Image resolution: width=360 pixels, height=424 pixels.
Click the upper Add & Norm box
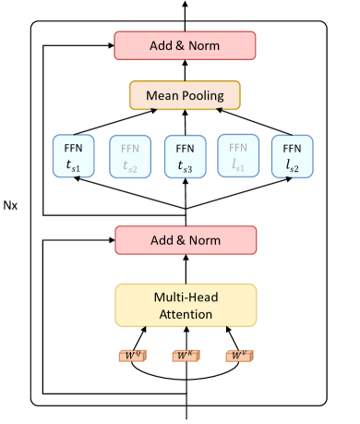(x=185, y=44)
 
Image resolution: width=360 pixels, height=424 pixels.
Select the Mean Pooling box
(x=185, y=95)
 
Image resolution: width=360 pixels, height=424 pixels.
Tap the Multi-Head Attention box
(x=185, y=305)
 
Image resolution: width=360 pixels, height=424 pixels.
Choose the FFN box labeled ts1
(x=75, y=156)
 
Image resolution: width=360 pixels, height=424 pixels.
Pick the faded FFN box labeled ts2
(x=130, y=156)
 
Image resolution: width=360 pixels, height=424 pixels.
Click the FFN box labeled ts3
(x=185, y=156)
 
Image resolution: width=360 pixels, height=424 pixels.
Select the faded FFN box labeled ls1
(x=239, y=156)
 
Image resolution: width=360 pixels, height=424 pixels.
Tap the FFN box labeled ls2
(x=293, y=156)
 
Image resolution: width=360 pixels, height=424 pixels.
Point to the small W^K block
(x=185, y=354)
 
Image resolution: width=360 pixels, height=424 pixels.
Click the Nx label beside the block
(x=11, y=201)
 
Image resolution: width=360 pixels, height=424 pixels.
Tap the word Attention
(x=185, y=314)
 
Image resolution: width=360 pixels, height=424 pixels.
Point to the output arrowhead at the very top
(x=185, y=5)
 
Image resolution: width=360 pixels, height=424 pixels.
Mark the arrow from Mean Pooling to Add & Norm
(x=185, y=69)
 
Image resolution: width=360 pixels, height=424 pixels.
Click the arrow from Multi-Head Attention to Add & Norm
(x=185, y=268)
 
